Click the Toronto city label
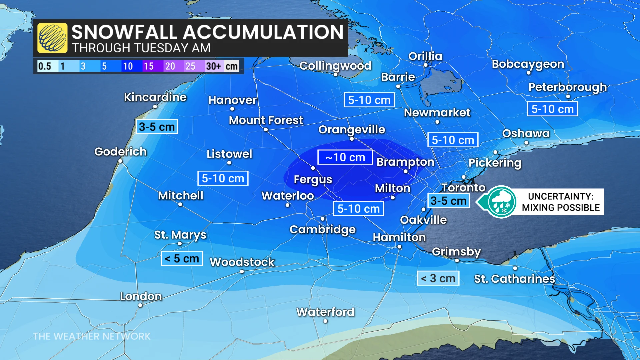[x=463, y=188]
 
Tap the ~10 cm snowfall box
[x=345, y=157]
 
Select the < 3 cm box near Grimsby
[x=438, y=278]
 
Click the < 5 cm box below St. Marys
[x=182, y=258]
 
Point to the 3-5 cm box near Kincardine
[x=157, y=127]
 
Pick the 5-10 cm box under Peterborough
[x=552, y=109]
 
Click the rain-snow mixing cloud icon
[x=501, y=202]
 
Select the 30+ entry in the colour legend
[x=213, y=66]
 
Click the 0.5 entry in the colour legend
[x=45, y=66]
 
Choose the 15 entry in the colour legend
[x=149, y=66]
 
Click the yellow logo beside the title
[x=52, y=38]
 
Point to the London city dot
[x=140, y=305]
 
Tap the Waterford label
[x=325, y=312]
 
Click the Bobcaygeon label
[x=528, y=64]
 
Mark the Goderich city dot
[x=120, y=161]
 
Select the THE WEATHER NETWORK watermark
[x=92, y=336]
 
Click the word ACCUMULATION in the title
[x=263, y=32]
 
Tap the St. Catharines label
[x=515, y=279]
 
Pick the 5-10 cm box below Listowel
[x=223, y=178]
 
